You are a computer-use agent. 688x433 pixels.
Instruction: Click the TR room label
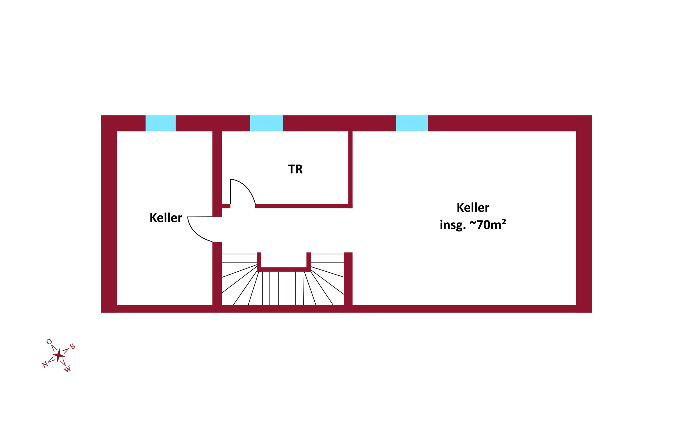(x=295, y=169)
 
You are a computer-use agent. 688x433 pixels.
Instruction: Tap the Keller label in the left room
(x=166, y=218)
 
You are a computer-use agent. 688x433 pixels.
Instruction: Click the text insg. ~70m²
(x=473, y=225)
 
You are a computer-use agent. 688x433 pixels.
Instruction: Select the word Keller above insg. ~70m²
(x=473, y=208)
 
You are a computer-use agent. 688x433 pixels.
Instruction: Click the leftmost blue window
(x=161, y=123)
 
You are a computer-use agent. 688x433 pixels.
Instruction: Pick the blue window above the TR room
(x=266, y=123)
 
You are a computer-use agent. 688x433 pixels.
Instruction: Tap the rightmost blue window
(x=412, y=123)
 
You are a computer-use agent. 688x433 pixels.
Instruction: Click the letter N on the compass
(x=45, y=365)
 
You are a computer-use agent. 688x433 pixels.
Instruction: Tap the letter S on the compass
(x=72, y=346)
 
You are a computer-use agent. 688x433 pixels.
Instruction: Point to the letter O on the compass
(x=49, y=342)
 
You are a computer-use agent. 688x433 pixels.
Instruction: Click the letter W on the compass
(x=68, y=369)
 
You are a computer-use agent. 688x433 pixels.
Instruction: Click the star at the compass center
(x=59, y=355)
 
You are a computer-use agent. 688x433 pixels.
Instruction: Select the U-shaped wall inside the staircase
(x=284, y=269)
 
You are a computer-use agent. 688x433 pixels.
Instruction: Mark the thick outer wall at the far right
(x=584, y=214)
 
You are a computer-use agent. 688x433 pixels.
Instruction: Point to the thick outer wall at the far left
(x=109, y=214)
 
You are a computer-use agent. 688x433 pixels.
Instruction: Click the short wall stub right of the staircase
(x=348, y=278)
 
